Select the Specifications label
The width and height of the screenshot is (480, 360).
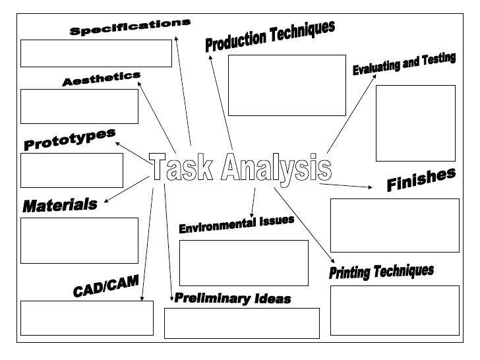[130, 28]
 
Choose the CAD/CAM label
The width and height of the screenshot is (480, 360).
[105, 287]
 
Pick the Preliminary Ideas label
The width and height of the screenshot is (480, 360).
[232, 299]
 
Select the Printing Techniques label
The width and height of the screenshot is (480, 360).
[381, 272]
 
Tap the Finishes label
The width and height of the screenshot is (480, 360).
[421, 181]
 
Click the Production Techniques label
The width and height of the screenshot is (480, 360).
[270, 37]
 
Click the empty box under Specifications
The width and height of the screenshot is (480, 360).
[96, 53]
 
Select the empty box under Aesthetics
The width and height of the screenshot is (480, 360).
[79, 106]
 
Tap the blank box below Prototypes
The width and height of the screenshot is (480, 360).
[71, 170]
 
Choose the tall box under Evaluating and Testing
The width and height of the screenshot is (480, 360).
[415, 123]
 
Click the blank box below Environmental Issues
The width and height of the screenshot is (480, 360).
[243, 262]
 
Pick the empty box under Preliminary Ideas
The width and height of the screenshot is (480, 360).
[241, 323]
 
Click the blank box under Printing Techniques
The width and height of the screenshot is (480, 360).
[394, 310]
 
